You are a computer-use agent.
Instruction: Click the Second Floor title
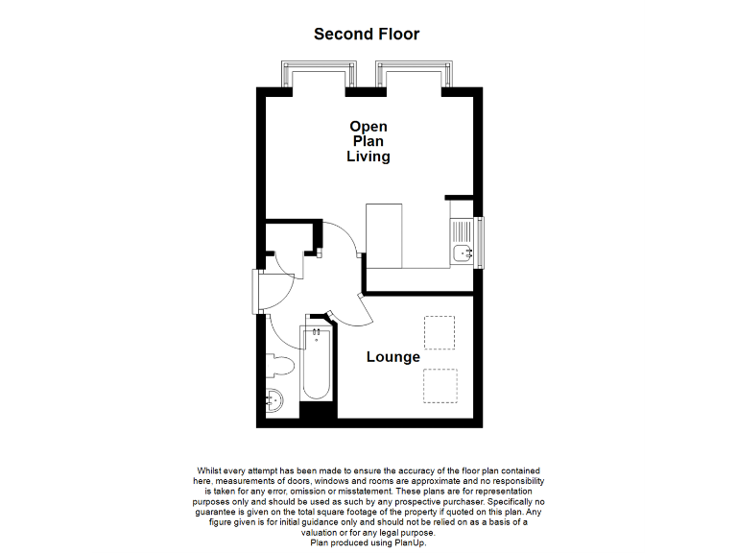pyautogui.click(x=367, y=34)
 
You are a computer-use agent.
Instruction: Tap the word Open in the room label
pyautogui.click(x=368, y=126)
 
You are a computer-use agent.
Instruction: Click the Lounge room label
pyautogui.click(x=393, y=357)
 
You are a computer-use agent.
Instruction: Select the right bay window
pyautogui.click(x=414, y=75)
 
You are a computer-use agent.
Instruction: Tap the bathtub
pyautogui.click(x=316, y=365)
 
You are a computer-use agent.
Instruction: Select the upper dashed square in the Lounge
pyautogui.click(x=440, y=332)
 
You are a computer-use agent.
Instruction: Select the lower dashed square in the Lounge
pyautogui.click(x=440, y=386)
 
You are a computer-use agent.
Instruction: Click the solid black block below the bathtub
pyautogui.click(x=318, y=411)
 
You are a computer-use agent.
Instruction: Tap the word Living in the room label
pyautogui.click(x=368, y=156)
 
